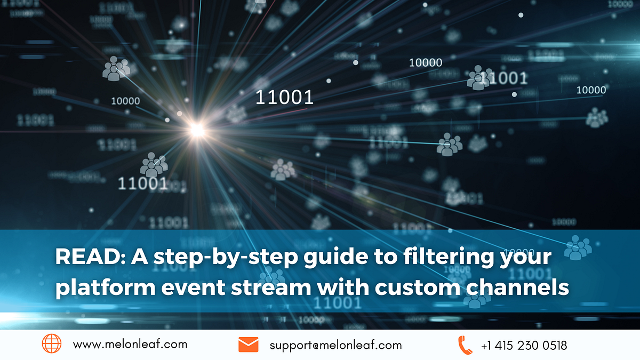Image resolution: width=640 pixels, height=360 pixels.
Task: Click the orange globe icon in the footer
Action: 52,344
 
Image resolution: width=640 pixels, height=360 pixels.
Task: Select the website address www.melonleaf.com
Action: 130,345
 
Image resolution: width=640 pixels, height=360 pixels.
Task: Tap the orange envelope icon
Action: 248,345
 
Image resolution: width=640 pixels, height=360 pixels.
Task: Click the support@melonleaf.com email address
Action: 335,345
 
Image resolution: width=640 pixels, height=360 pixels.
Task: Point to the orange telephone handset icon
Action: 465,345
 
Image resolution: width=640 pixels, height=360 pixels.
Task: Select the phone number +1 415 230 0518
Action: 524,345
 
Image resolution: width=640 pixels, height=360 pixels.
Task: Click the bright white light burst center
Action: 197,129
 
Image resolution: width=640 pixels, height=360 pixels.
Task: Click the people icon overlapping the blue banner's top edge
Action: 578,246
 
